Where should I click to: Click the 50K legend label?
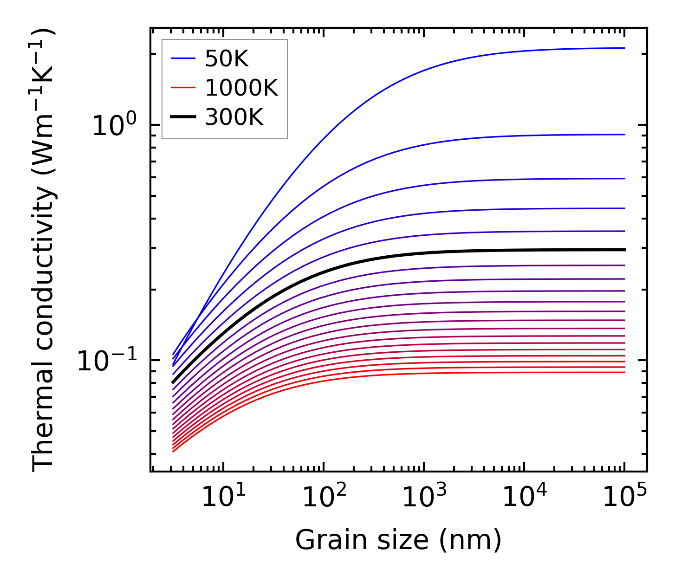(227, 59)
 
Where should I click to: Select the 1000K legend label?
(241, 88)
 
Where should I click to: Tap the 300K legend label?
(234, 117)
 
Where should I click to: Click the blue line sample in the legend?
(183, 58)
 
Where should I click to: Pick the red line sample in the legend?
(183, 88)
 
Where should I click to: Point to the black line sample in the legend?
(183, 117)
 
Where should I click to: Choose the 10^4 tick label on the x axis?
(524, 498)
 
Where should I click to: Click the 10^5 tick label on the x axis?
(624, 498)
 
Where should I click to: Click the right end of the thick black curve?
(624, 250)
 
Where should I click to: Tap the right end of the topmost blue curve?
(624, 48)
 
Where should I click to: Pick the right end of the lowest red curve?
(624, 372)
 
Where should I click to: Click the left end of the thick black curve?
(173, 383)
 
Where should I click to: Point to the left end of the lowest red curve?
(173, 452)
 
